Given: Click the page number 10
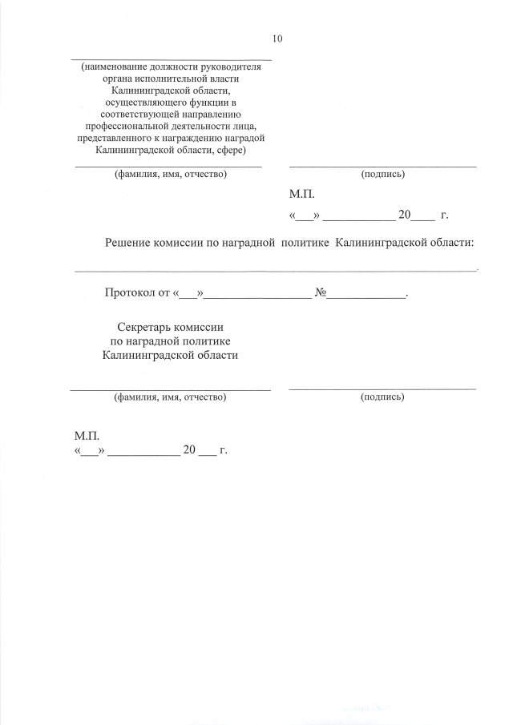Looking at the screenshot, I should coord(277,38).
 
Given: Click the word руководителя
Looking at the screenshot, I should coord(235,67).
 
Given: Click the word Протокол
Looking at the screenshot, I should coord(131,294).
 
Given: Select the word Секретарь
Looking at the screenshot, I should coord(145,328).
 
